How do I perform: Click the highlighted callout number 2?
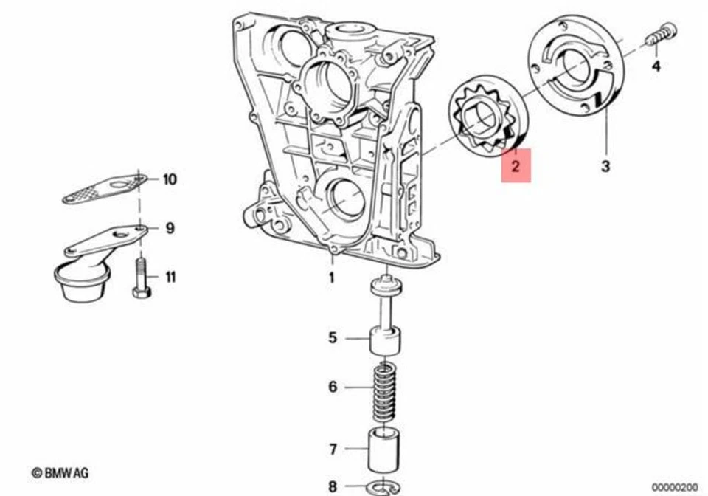[516, 166]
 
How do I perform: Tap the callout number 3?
[605, 166]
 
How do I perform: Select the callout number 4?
[656, 66]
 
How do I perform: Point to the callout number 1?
[331, 278]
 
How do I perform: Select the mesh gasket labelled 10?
[103, 188]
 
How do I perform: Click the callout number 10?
[170, 179]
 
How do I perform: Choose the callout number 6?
[333, 387]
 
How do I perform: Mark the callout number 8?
[333, 486]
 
